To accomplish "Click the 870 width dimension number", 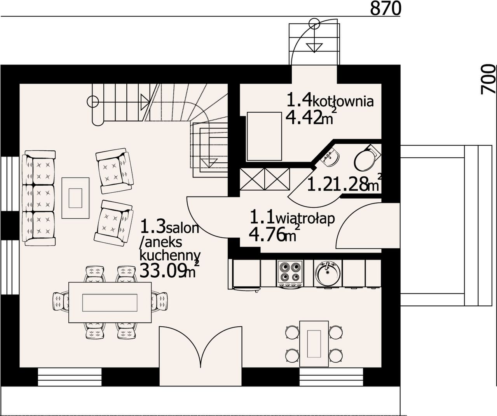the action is point(385,9).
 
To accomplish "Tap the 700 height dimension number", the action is point(488,80).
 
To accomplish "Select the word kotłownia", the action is point(342,102).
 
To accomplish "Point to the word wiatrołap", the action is point(305,219).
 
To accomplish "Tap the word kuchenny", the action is point(170,256).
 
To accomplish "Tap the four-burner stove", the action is point(290,274).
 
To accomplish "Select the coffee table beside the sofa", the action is point(75,198).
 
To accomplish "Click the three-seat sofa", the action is point(38,198).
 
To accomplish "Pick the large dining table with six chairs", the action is point(110,303).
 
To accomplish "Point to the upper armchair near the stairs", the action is point(115,171).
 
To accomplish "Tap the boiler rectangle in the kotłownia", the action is point(265,136).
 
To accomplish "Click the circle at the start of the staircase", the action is point(93,102).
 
